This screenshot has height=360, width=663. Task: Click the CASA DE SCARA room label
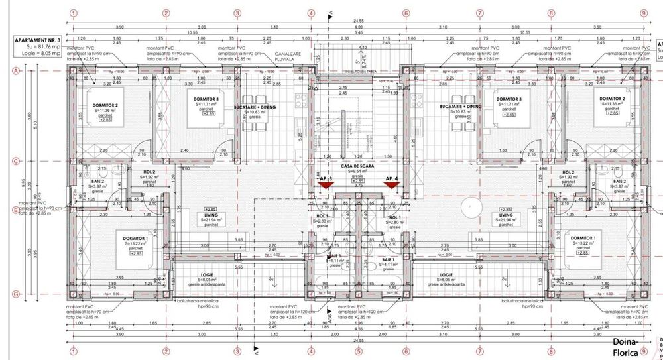point(357,167)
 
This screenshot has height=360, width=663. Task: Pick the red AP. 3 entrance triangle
point(326,186)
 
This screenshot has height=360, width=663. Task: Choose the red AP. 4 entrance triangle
point(391,186)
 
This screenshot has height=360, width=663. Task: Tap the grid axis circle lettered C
point(15,161)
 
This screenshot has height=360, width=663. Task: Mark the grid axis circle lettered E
point(15,210)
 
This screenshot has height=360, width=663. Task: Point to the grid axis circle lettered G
point(15,294)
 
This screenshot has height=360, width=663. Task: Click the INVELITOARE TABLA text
point(358,72)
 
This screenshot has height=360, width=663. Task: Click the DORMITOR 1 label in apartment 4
point(581,238)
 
